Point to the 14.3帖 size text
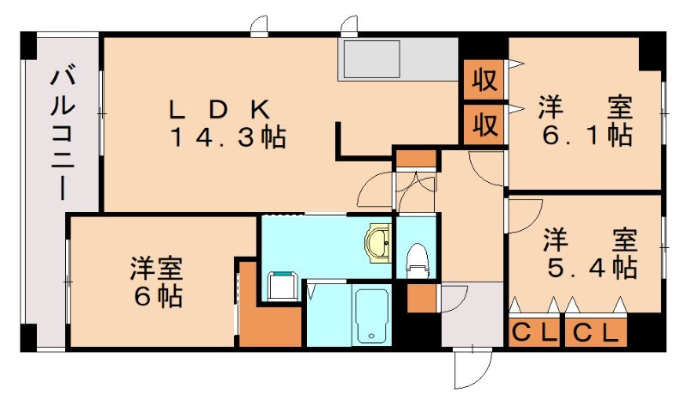pyautogui.click(x=226, y=136)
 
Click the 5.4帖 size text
pyautogui.click(x=592, y=267)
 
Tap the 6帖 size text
pyautogui.click(x=157, y=296)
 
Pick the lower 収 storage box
pyautogui.click(x=484, y=124)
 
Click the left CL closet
pyautogui.click(x=533, y=332)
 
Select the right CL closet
pyautogui.click(x=595, y=332)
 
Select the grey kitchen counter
pyautogui.click(x=399, y=60)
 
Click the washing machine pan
pyautogui.click(x=282, y=284)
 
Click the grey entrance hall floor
pyautogui.click(x=472, y=318)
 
